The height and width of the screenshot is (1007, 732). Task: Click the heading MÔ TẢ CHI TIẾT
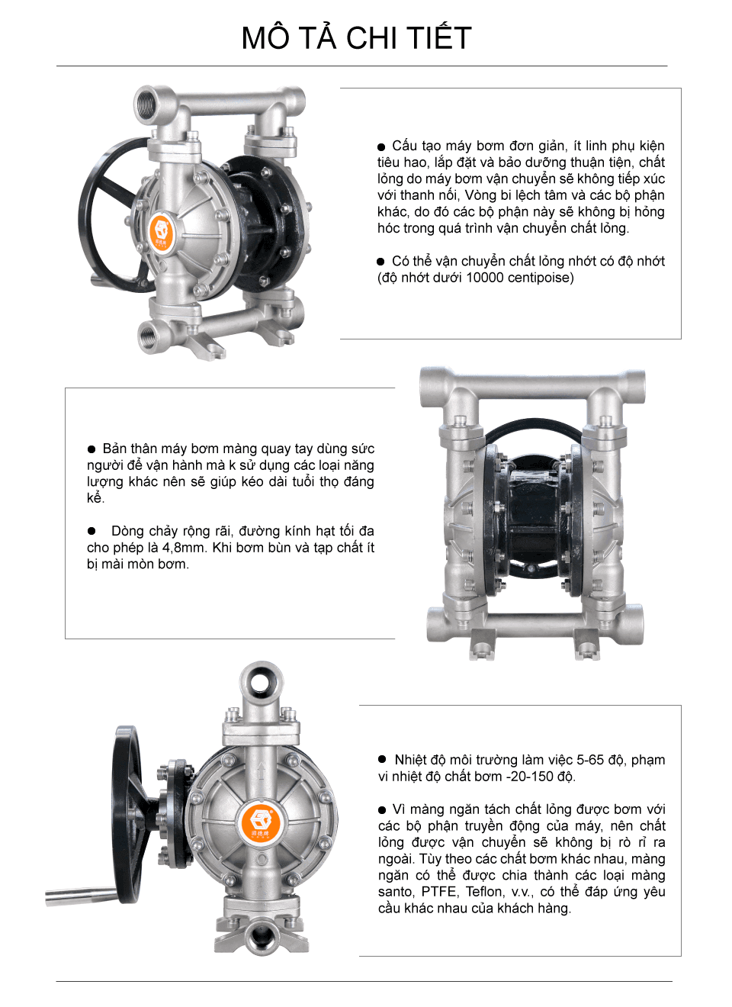356,38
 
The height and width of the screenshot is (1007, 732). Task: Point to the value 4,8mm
185,548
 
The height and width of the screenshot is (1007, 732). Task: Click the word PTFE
439,892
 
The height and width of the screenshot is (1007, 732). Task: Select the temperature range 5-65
590,760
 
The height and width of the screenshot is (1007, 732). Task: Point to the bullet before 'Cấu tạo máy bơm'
381,147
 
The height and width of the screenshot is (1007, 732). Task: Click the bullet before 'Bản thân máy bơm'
91,449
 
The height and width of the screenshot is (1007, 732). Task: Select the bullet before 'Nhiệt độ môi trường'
382,759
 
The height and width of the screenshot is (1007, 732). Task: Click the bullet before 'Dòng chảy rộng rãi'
91,531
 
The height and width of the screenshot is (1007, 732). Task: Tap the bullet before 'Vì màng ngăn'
382,810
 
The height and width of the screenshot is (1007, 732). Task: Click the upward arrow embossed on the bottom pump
261,773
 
